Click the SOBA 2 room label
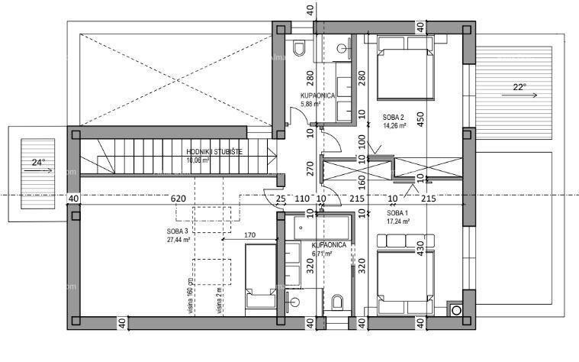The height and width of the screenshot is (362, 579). [x=395, y=117]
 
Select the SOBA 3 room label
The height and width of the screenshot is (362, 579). [x=177, y=230]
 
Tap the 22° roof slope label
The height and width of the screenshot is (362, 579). [x=519, y=87]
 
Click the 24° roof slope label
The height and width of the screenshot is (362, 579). [x=37, y=162]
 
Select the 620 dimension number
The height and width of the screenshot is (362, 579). [x=179, y=199]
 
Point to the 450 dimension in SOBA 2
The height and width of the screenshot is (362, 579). [x=420, y=121]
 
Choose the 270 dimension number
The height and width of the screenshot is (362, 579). [x=310, y=169]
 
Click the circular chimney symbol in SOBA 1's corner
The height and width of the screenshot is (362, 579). [x=457, y=309]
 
